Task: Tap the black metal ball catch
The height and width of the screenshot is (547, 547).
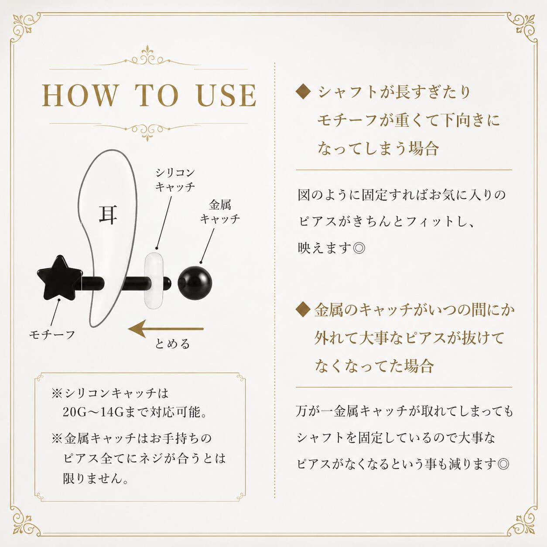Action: pos(195,282)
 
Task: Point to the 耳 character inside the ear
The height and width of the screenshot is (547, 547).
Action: pos(108,215)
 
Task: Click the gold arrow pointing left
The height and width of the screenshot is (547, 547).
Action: pos(166,329)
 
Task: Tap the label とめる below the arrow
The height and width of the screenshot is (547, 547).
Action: pos(172,344)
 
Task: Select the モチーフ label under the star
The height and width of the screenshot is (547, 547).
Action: pos(52,335)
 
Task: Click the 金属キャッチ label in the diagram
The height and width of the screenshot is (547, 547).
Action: pos(220,212)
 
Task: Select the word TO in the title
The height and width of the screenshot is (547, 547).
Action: pos(157,96)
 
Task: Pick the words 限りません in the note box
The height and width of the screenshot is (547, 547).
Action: pos(91,479)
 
